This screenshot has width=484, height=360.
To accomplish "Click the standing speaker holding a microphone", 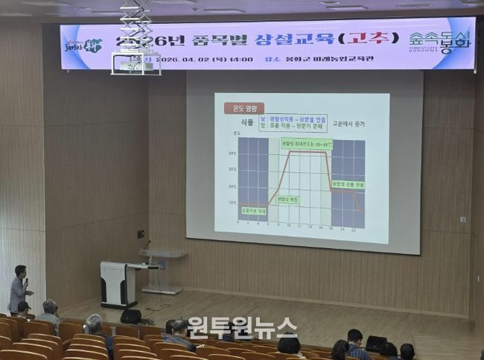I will [19, 288].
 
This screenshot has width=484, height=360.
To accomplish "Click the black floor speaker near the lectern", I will [130, 316].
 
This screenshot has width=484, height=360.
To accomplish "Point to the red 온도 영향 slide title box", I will [244, 107].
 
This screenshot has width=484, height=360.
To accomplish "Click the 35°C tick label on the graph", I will [232, 154].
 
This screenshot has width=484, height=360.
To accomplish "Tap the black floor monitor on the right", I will [375, 344].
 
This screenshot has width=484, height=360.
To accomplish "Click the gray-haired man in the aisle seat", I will [50, 313].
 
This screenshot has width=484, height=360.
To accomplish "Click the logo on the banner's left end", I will [82, 45].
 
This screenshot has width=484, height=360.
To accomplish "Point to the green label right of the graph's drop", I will [348, 183].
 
